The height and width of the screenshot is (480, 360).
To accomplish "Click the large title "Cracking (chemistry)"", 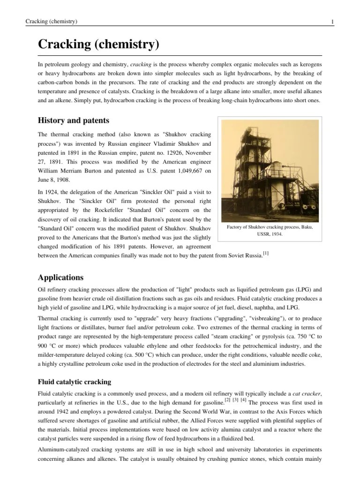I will coord(98,45).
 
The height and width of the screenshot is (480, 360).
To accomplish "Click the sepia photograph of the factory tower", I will coord(270,169).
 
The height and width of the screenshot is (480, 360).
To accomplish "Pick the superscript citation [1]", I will coord(266,253).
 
